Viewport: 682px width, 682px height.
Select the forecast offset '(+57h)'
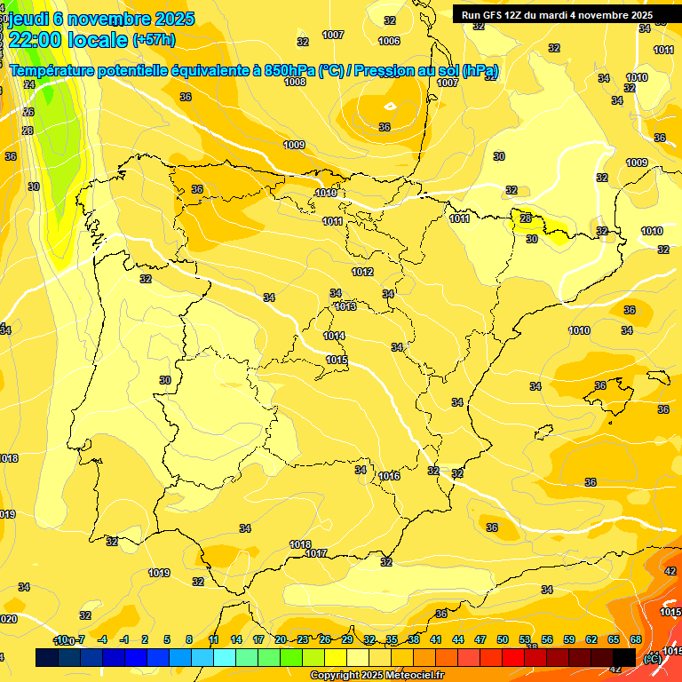pos(154,40)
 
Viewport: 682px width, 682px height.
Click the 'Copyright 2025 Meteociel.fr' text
pos(377,676)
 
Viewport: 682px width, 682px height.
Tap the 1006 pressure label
pos(389,41)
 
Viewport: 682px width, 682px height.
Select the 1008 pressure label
pos(295,82)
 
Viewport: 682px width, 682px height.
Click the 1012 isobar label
pos(362,272)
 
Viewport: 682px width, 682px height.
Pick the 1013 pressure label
pos(345,306)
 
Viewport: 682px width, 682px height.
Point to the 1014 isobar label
pos(335,336)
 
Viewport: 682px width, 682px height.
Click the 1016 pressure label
pos(389,476)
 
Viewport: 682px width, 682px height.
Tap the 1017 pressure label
pos(317,553)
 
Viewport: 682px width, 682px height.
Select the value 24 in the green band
pos(29,84)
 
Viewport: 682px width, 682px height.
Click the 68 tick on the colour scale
pos(636,640)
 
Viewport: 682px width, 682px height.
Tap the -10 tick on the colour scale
pos(60,640)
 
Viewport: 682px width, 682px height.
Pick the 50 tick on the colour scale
pos(503,640)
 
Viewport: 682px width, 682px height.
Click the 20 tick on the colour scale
pos(280,640)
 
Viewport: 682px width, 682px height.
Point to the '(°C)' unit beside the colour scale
pos(651,658)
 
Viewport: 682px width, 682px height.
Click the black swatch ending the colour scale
pos(624,657)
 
